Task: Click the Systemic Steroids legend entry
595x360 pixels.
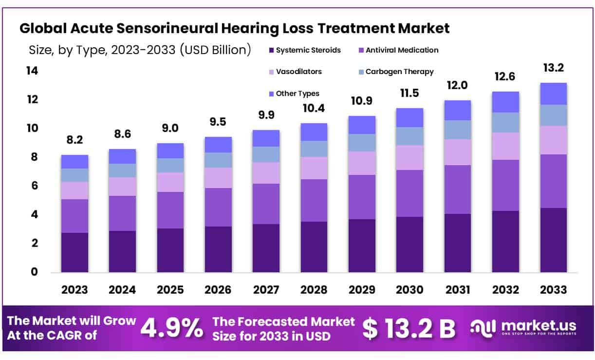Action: coord(304,50)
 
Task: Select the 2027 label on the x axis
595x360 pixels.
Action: coord(266,289)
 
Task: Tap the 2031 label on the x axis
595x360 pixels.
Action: coord(457,289)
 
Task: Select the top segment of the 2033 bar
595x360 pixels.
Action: coord(553,94)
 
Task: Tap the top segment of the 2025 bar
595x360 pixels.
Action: coord(170,151)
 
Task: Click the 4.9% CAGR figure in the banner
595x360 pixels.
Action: coord(171,329)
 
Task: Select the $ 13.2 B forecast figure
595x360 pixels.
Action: coord(409,329)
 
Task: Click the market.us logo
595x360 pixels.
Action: coord(523,328)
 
